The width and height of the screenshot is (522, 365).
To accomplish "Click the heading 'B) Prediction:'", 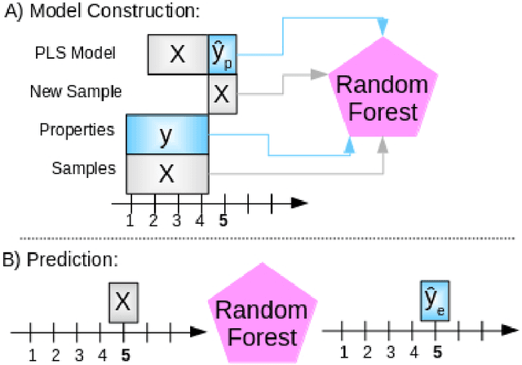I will pyautogui.click(x=62, y=260).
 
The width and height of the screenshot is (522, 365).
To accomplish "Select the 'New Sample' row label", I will pyautogui.click(x=76, y=91).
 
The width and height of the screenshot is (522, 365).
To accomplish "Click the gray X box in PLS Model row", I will pyautogui.click(x=178, y=55).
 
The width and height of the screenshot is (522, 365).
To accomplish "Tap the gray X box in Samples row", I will pyautogui.click(x=167, y=173).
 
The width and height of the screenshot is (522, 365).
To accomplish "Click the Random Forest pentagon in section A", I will pyautogui.click(x=378, y=96).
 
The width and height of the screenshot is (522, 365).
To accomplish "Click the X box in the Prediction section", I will pyautogui.click(x=122, y=302).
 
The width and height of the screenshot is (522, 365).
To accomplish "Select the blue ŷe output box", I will pyautogui.click(x=434, y=300).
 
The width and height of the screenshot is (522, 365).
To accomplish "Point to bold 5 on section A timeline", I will pyautogui.click(x=223, y=220).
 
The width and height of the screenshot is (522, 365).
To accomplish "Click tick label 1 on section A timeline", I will pyautogui.click(x=130, y=220).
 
